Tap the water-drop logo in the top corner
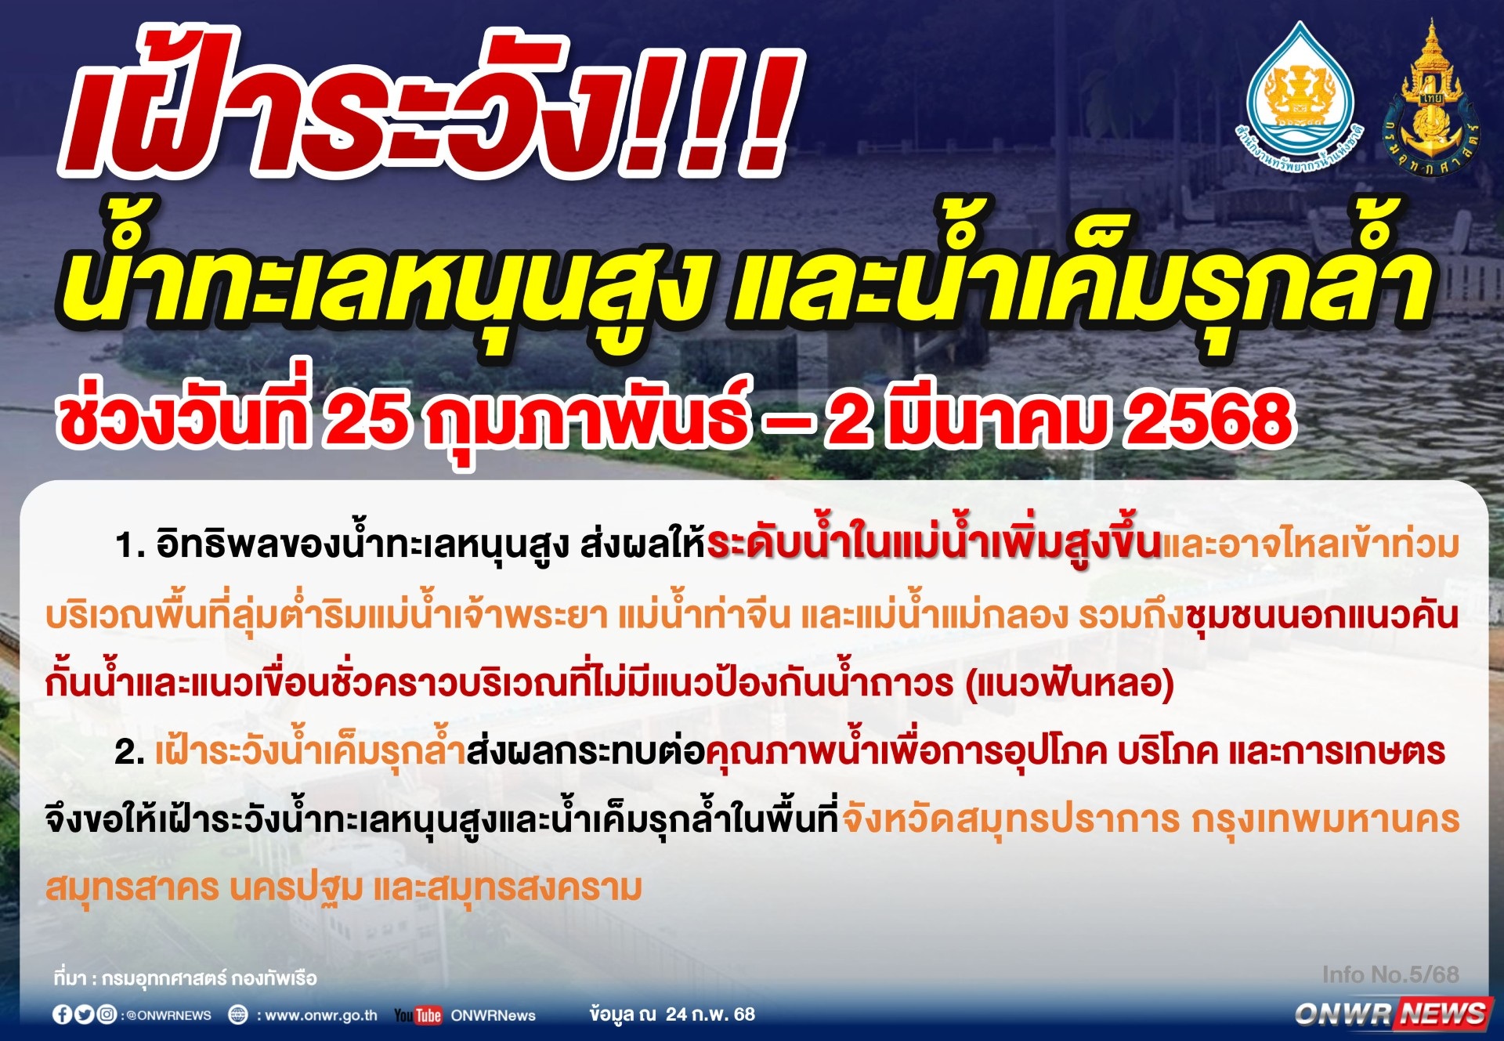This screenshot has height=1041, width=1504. coord(1300,98)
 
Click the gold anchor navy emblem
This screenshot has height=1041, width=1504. coord(1430,98)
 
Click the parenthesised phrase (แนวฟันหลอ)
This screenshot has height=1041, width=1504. coord(1070,684)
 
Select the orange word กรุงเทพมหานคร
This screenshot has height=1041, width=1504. coord(1325,820)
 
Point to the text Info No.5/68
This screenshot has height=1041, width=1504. coord(1390,974)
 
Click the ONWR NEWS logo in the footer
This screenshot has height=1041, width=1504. coord(1393,1013)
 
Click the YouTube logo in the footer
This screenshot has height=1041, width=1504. coord(418,1015)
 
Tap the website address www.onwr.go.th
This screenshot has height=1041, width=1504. coord(321,1015)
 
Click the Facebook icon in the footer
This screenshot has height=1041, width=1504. coord(62,1014)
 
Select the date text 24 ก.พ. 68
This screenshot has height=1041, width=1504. coord(710,1014)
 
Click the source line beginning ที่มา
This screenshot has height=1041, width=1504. coord(185,978)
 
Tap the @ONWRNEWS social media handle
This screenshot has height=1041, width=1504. coord(167,1015)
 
